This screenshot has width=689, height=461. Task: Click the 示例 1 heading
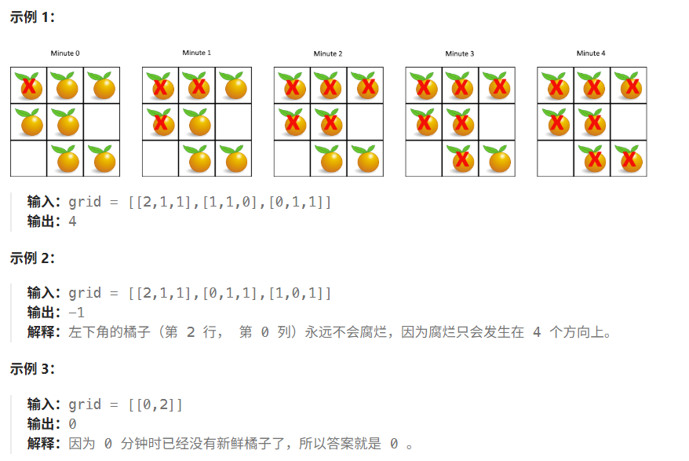coord(32,17)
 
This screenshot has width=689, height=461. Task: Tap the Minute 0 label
coord(65,53)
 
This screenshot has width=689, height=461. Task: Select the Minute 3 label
coord(460,53)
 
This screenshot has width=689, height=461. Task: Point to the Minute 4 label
coord(591,53)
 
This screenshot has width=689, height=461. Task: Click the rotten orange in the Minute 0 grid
coord(29,86)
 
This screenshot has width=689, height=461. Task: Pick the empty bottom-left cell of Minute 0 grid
coord(28,159)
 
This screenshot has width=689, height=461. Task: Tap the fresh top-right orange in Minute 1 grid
coord(233,86)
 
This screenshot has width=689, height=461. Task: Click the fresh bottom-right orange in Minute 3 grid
coord(497,159)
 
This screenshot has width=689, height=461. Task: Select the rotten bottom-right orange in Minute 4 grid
coord(629,159)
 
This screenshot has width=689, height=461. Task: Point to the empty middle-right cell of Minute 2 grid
coord(365,123)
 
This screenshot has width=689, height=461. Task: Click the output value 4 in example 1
coord(72,221)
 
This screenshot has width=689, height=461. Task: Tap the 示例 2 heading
coord(32,258)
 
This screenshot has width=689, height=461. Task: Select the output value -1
coord(76,313)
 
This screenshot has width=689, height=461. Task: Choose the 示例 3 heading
coord(32,369)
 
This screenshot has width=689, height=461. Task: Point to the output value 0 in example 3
coord(72,424)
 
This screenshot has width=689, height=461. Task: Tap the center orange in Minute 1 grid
coord(197,123)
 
